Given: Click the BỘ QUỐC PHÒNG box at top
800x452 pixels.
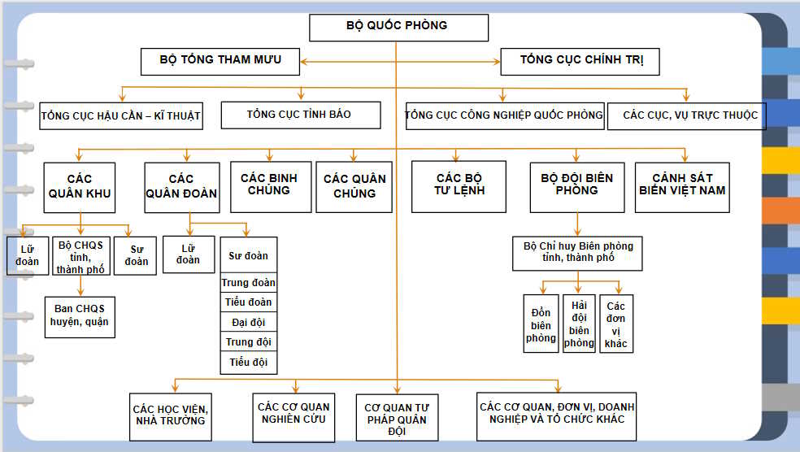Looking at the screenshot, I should tap(398, 27).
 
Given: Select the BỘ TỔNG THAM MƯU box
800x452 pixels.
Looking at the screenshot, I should tap(220, 61).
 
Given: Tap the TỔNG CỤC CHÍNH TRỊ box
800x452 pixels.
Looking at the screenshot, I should tap(579, 61).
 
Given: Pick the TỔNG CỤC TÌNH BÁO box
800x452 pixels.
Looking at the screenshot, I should tap(300, 115).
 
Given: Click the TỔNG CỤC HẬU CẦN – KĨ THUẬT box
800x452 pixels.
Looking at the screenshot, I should tap(120, 115).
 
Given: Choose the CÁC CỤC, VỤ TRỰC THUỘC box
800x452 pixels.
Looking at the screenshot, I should tap(689, 115).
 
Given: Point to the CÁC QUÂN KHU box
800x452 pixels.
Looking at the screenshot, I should tap(80, 187).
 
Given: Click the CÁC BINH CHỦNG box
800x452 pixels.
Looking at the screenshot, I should tap(270, 186).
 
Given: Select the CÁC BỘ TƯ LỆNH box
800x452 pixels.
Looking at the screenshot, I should tap(459, 186).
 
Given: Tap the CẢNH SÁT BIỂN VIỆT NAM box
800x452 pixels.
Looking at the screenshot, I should tap(682, 186).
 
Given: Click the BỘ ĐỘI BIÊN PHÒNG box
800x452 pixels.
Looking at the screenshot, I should tap(577, 186).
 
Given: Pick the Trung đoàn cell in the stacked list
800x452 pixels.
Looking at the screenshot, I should tap(249, 283).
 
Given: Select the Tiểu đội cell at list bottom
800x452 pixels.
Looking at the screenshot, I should tap(249, 363).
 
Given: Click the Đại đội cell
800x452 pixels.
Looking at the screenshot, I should tap(249, 323).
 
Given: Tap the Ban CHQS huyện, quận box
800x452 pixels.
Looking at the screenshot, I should tap(79, 315).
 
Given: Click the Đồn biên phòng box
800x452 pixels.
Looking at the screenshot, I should tap(541, 324).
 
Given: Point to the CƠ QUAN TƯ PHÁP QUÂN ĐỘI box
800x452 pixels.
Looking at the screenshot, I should tap(396, 418).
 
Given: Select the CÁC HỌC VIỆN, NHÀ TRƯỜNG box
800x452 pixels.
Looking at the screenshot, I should tap(170, 415).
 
